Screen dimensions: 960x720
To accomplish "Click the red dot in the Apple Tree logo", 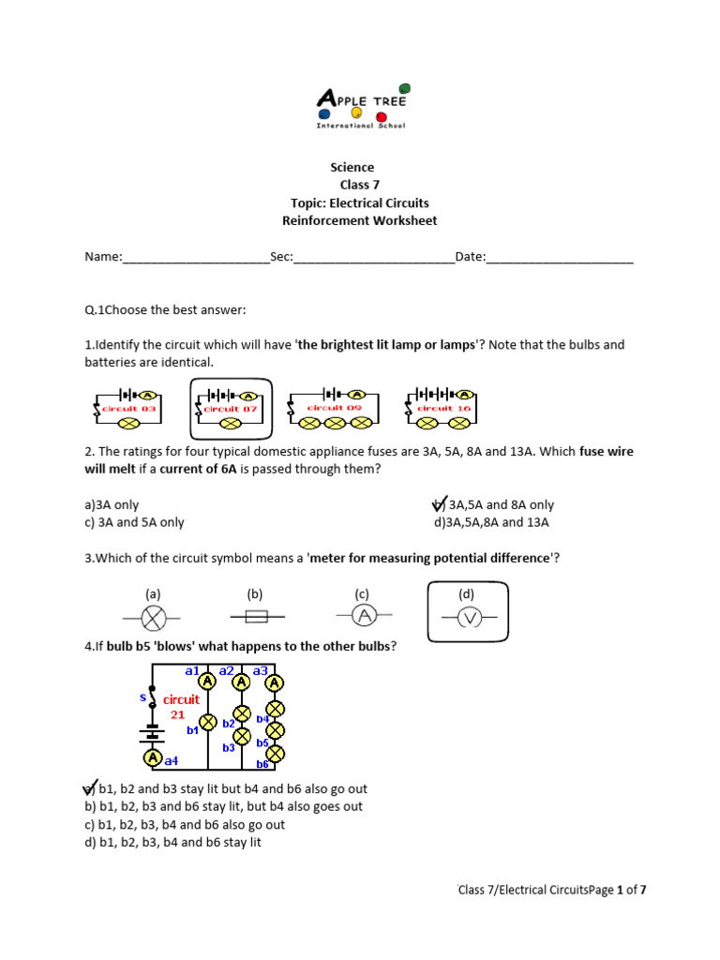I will pos(381,116).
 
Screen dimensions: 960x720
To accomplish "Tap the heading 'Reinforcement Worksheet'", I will pos(360,221).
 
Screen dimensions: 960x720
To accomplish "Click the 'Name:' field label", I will pos(103,257).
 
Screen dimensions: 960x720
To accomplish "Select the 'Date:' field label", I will pos(470,257).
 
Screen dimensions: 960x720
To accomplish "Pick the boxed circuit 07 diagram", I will pos(231,409).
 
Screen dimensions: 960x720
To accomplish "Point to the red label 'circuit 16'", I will pos(436,408).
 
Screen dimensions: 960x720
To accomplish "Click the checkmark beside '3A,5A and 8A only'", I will pos(438,505).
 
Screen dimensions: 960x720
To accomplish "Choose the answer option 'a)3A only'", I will pos(112,505).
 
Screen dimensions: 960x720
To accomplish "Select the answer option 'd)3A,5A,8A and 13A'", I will pos(491,523).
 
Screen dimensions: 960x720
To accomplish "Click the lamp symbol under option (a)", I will pos(153,617).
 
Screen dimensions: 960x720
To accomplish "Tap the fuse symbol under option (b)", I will pos(256,617).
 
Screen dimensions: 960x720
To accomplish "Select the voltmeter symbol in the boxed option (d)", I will pos(468,618).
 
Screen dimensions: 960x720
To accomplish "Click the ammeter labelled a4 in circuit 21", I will pos(152,757).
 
